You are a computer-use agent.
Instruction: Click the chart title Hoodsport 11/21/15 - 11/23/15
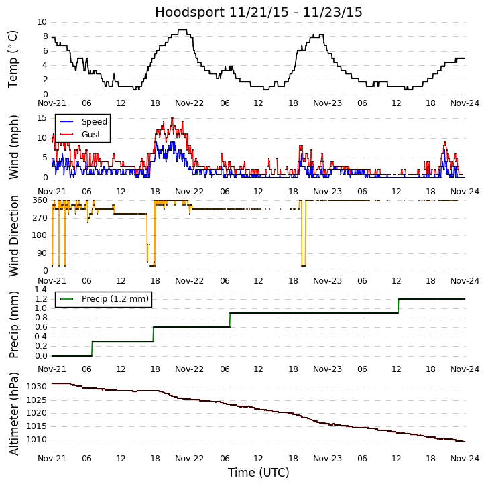(x=259, y=13)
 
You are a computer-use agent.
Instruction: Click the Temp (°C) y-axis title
(x=13, y=59)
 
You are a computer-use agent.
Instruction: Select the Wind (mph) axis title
(x=13, y=146)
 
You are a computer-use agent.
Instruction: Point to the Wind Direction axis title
(x=13, y=235)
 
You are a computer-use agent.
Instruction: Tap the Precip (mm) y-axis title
(x=13, y=324)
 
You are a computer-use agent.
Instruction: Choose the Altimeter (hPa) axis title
(x=13, y=414)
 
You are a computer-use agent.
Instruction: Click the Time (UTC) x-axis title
(x=259, y=473)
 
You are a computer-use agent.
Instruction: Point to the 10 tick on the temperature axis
(x=42, y=22)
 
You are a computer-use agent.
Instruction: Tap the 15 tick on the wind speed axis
(x=42, y=118)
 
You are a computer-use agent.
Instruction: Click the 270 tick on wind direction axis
(x=39, y=218)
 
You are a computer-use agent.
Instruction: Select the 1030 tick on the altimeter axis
(x=36, y=387)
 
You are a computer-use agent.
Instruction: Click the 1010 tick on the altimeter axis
(x=36, y=440)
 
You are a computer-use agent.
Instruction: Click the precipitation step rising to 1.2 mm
(x=398, y=306)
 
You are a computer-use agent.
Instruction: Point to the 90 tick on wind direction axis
(x=42, y=253)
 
